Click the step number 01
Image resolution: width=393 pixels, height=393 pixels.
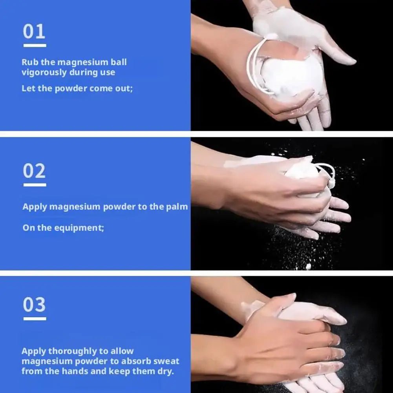coord(34,31)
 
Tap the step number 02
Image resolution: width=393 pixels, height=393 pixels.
coord(34,171)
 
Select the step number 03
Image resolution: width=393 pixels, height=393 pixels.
coord(34,305)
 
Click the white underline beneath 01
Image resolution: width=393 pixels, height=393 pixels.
coord(35,46)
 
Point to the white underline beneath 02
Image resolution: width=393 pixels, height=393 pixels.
coord(35,185)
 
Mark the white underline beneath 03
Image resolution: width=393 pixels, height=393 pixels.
coord(35,318)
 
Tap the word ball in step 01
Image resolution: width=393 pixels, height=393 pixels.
coord(119,62)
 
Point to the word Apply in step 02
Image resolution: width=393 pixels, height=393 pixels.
coord(35,207)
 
